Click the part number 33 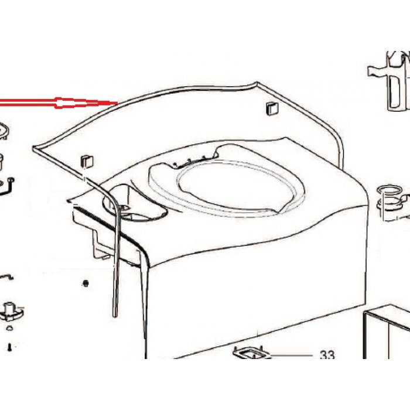327,355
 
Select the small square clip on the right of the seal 271,108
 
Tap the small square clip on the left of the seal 87,159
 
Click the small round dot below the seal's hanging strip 87,283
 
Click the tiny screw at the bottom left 10,347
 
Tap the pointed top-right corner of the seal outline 258,84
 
